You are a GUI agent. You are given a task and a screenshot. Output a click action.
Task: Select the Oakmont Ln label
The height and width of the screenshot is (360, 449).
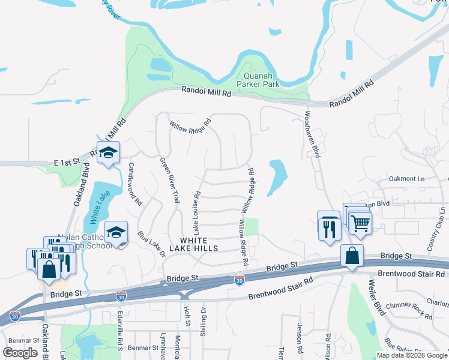(407, 178)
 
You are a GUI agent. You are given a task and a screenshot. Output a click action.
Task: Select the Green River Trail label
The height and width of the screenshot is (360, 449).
(169, 179)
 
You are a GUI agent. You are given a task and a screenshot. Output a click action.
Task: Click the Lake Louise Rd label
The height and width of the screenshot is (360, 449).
(196, 213)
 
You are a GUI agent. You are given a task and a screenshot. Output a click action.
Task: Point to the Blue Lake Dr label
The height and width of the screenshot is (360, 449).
(151, 243)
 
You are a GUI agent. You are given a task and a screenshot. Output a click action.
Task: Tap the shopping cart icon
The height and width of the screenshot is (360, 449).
(360, 223)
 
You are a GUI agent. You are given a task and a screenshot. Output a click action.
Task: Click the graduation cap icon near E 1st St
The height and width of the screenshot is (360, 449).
(109, 154)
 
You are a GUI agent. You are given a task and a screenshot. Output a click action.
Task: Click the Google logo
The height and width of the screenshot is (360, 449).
(20, 353)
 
